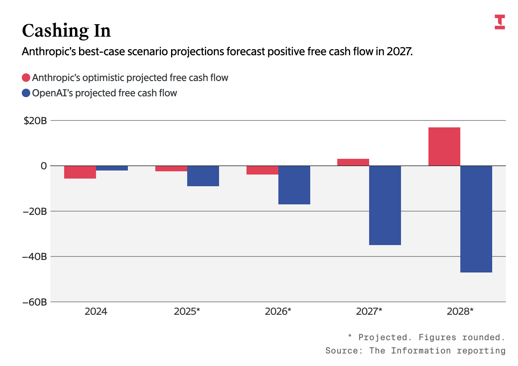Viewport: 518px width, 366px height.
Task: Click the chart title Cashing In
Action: tap(66, 31)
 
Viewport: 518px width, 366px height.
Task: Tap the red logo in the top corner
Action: tap(499, 22)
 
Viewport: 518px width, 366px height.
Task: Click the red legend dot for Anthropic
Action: tap(26, 78)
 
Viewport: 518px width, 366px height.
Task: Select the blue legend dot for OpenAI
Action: tap(26, 93)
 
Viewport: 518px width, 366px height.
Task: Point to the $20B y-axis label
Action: tap(35, 121)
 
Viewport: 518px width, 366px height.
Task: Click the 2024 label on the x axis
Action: tap(96, 312)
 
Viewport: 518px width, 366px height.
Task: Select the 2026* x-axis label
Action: tap(278, 312)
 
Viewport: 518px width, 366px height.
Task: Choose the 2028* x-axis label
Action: tap(460, 312)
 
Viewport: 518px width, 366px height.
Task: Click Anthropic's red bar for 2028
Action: tap(444, 147)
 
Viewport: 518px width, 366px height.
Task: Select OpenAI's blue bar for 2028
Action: tap(476, 219)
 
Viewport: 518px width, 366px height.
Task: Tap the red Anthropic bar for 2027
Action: tap(353, 162)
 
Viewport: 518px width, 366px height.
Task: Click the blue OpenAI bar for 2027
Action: tap(385, 205)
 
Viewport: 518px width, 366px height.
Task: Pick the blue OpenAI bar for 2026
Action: tap(294, 185)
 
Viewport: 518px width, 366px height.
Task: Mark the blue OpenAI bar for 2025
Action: tap(203, 176)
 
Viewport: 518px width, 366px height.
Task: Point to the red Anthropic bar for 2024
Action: tap(80, 172)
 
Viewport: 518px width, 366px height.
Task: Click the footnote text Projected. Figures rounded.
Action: tap(426, 337)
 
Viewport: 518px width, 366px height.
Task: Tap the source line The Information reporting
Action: tap(416, 351)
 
